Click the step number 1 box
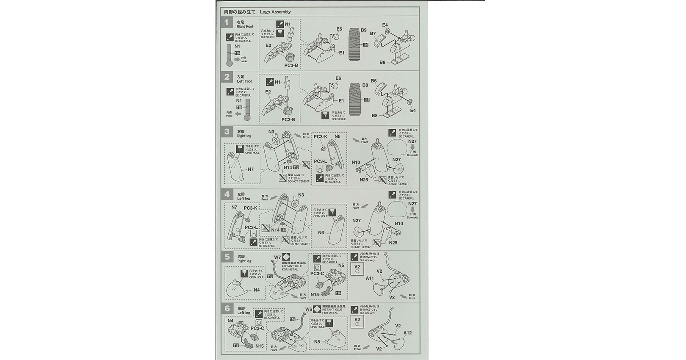227,22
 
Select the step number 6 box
227,309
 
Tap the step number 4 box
227,194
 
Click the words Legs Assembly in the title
275,12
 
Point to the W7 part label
277,257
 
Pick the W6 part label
308,309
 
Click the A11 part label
370,278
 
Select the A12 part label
407,332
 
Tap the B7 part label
373,33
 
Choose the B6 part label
374,81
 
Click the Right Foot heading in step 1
245,26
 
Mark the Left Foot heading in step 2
244,81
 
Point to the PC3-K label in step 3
321,137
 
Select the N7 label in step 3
251,169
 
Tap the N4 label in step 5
257,290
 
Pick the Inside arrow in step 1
237,59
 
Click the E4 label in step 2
413,111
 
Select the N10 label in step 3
356,162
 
